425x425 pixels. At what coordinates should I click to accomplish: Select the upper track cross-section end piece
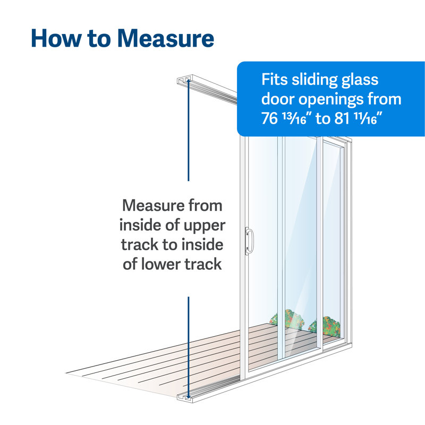(x=183, y=81)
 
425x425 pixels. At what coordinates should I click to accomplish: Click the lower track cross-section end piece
(x=184, y=396)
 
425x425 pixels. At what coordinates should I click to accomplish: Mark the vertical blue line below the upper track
(x=188, y=133)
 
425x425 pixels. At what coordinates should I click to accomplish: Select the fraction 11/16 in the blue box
(x=369, y=119)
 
